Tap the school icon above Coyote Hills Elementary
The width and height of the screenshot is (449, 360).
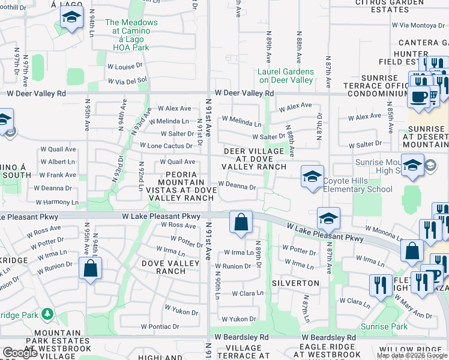coord(312,176)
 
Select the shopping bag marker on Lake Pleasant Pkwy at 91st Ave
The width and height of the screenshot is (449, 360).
coord(241,222)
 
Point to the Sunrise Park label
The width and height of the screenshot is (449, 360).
coord(384,327)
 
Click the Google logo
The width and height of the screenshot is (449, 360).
coord(20,353)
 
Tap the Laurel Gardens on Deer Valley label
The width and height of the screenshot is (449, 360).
coord(286,76)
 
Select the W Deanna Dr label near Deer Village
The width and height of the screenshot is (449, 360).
coord(237,187)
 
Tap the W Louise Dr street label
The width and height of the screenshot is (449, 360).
coord(125,67)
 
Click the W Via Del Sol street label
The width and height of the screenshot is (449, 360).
coord(127,80)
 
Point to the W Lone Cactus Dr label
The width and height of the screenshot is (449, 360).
coord(166,146)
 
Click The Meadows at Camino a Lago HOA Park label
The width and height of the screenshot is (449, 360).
coord(131,35)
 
